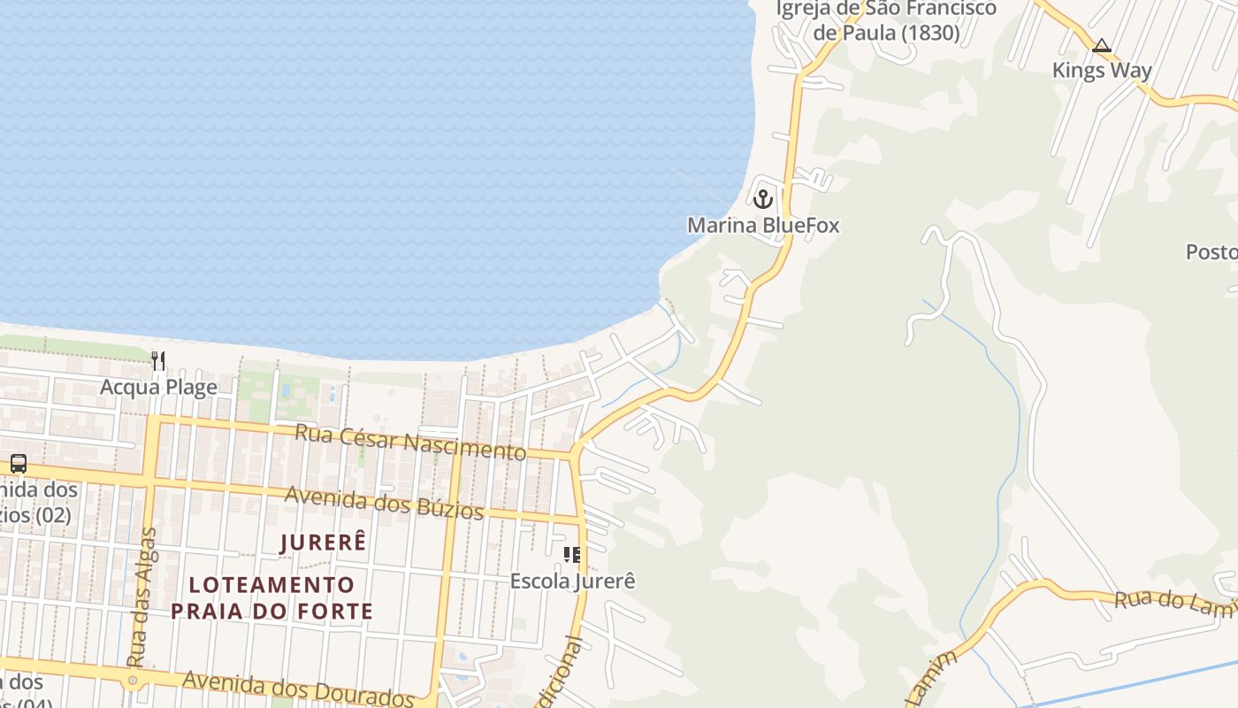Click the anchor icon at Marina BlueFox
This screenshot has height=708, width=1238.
click(763, 198)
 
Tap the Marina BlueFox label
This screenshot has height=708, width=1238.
click(763, 226)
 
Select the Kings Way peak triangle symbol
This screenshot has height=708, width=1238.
click(1101, 45)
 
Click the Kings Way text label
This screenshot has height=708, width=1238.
click(1101, 70)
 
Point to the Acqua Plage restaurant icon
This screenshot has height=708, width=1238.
click(158, 360)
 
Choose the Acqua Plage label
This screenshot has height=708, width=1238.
click(158, 387)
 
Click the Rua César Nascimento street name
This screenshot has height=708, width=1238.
click(410, 442)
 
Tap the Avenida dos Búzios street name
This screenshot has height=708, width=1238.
click(384, 502)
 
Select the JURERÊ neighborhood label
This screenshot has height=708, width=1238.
click(323, 543)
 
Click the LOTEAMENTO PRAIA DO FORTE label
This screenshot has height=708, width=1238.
click(272, 597)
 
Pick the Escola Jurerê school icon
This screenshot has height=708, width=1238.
click(572, 555)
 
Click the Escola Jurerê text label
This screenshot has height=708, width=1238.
click(572, 581)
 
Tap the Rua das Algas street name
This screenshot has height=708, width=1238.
click(142, 597)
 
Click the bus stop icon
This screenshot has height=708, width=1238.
click(18, 463)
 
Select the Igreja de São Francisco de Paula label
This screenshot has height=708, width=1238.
click(886, 20)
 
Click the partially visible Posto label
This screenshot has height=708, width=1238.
click(1211, 252)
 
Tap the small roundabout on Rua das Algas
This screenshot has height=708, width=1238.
click(133, 681)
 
